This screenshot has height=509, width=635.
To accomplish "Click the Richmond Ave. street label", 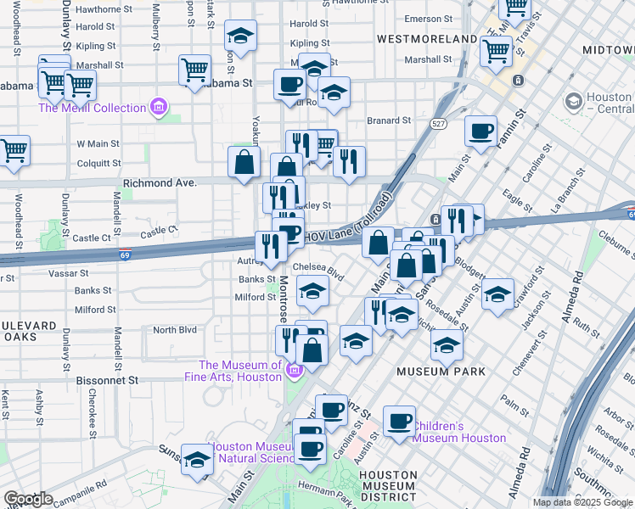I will [x=160, y=182].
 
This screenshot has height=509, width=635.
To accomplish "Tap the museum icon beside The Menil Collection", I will [x=157, y=108].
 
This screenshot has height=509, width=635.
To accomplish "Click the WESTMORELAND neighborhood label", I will [x=427, y=39].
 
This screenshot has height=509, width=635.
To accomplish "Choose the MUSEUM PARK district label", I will [x=441, y=372].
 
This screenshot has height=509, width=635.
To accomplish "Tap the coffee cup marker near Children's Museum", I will [x=399, y=422].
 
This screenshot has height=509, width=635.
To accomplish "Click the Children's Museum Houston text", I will [x=459, y=432].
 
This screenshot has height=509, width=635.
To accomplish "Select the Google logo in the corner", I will [x=27, y=499].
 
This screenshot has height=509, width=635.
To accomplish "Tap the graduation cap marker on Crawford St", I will [x=497, y=295].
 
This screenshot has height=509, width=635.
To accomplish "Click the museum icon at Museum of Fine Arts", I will [x=294, y=370].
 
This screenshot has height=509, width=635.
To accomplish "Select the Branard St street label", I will [x=389, y=120].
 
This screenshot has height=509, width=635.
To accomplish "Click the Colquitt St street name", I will [x=98, y=164].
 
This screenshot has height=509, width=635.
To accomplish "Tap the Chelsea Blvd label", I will [x=319, y=269].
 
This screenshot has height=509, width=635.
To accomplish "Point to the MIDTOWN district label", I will [x=608, y=51].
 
